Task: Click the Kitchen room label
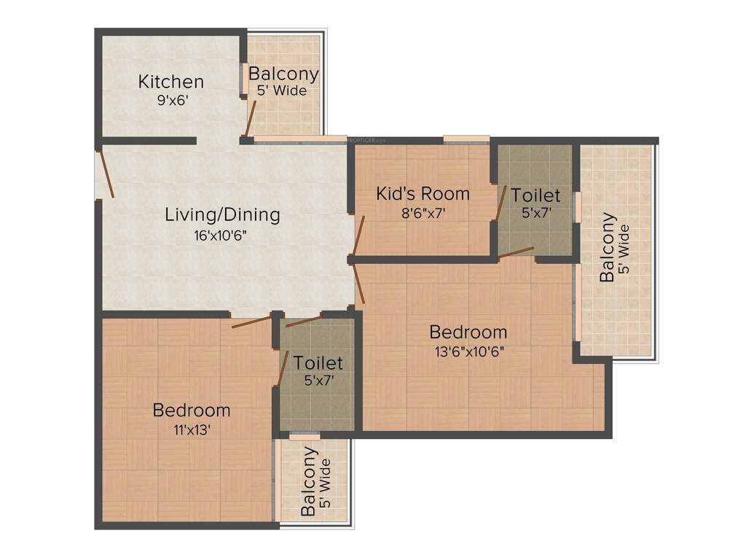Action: (171, 81)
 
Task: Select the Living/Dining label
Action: (222, 215)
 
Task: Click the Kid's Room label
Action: (423, 194)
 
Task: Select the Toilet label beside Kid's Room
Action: (535, 195)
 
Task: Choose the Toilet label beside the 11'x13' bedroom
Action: (318, 362)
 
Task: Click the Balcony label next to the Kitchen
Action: (283, 74)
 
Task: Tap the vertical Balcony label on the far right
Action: (608, 248)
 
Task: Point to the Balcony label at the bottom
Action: (309, 482)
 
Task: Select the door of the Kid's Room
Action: (358, 236)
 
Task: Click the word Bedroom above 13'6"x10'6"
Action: (468, 332)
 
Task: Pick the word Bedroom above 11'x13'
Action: (192, 411)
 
